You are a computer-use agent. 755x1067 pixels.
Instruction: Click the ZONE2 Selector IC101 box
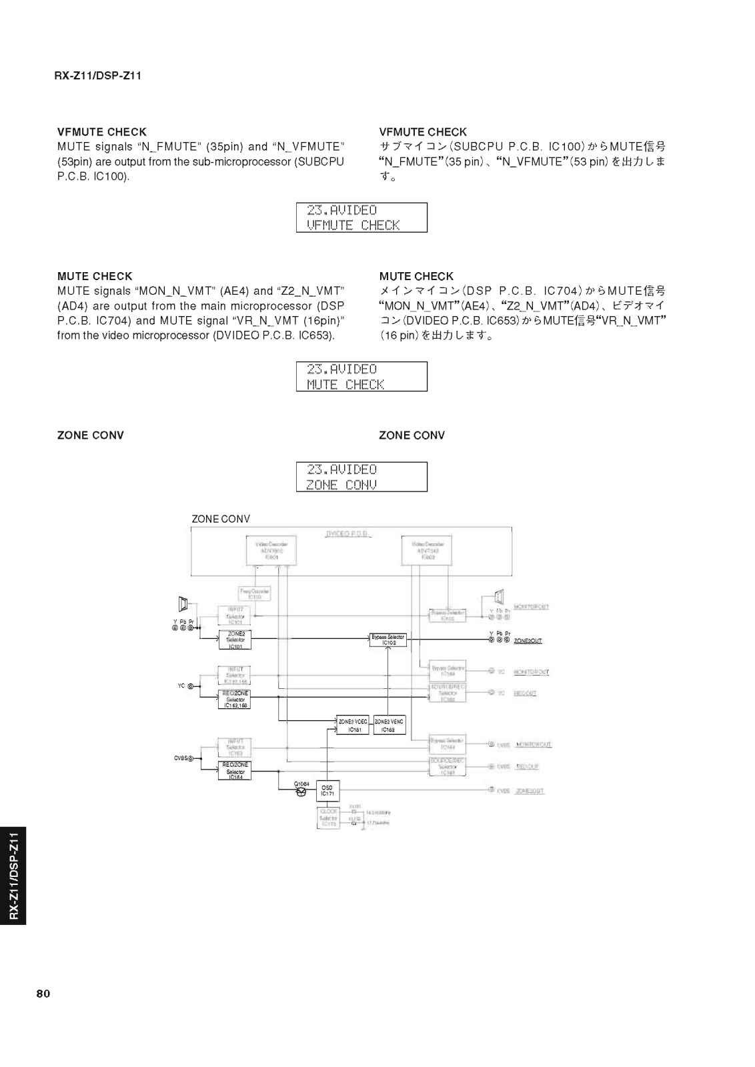tap(235, 640)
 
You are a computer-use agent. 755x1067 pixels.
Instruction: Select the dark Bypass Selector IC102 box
tap(388, 640)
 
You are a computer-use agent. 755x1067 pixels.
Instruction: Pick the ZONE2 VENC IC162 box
tap(389, 726)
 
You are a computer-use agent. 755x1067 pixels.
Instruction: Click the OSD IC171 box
tap(327, 791)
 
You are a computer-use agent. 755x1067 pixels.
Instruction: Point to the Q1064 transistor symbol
tap(301, 792)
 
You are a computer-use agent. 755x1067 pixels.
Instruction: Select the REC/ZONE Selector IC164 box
tap(235, 771)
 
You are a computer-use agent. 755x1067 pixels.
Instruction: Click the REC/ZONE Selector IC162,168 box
tap(235, 699)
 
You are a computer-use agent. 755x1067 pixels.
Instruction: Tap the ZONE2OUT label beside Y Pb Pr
tap(528, 641)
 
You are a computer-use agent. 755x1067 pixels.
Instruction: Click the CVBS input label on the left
tap(182, 758)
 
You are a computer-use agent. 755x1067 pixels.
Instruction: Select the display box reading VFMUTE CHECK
tap(361, 217)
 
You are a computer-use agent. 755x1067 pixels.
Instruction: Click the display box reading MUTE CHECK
tap(361, 377)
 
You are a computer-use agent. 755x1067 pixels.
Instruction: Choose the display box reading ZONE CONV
tap(361, 477)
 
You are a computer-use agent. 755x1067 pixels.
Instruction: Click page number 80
tap(43, 994)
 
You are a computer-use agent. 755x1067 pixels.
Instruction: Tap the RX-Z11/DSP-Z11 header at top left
tap(97, 75)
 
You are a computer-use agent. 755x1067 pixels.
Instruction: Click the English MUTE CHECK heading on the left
tap(95, 276)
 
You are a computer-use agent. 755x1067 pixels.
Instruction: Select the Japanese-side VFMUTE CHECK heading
tap(423, 132)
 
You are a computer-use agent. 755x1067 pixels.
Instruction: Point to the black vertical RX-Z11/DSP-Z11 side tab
tap(13, 875)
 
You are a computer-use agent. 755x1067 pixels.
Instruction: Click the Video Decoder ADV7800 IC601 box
tap(271, 550)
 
